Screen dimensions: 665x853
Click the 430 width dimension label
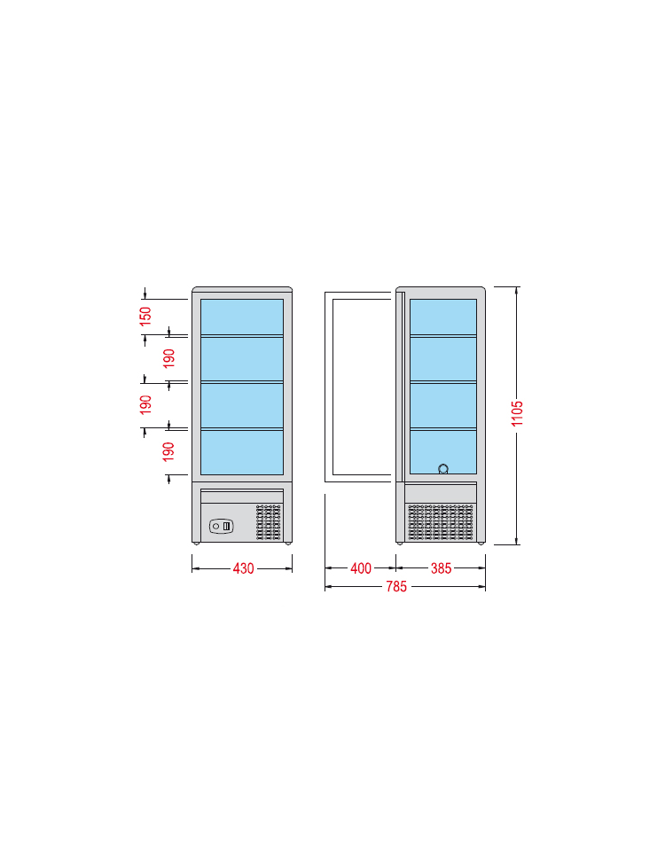coord(243,568)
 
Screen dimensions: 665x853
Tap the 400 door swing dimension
coord(361,568)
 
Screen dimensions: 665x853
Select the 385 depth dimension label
coord(441,568)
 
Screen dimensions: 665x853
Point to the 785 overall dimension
coord(396,586)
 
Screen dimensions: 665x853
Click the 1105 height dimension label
coord(517,413)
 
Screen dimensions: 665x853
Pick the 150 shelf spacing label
coord(145,317)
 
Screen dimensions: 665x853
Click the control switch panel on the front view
coord(222,526)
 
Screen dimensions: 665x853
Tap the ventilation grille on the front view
coord(269,522)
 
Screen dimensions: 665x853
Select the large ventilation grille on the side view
coord(441,522)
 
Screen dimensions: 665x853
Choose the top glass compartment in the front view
coord(242,317)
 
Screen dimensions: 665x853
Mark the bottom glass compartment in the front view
coord(242,452)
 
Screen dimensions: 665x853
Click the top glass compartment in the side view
coord(443,317)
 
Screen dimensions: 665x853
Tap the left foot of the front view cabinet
coord(196,543)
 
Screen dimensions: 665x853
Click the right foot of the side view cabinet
coord(481,543)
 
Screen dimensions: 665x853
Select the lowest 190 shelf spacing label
coord(168,451)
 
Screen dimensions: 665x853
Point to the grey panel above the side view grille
coord(441,493)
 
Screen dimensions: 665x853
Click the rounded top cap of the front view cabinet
coord(242,289)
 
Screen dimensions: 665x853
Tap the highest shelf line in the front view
coord(242,336)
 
